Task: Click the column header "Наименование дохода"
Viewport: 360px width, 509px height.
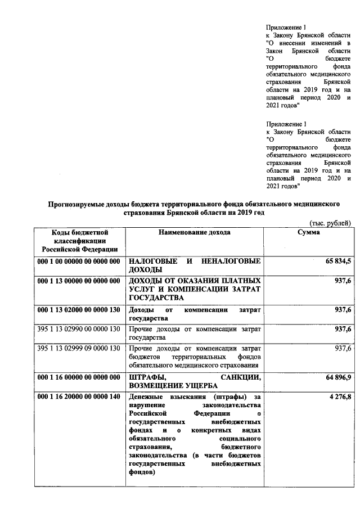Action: (x=195, y=232)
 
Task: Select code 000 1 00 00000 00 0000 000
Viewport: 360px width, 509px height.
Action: (x=79, y=262)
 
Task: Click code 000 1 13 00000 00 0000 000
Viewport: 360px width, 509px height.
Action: (x=79, y=281)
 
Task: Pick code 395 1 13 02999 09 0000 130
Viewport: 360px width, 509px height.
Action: (x=79, y=348)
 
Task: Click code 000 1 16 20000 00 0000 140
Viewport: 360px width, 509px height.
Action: (x=79, y=397)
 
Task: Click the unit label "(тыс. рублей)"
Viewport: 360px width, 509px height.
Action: (x=331, y=223)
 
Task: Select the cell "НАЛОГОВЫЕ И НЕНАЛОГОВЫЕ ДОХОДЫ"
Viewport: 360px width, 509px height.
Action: (x=195, y=266)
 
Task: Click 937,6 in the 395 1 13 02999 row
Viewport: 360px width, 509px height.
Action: (x=343, y=348)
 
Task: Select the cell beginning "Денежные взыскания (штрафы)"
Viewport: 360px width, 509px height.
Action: (x=195, y=435)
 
